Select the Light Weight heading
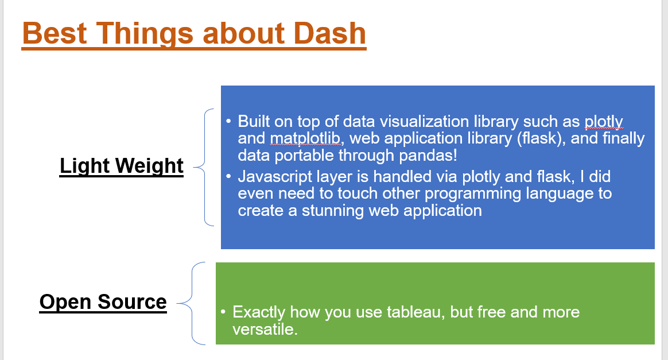coord(122,165)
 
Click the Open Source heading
coord(103,301)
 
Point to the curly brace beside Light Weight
coord(201,167)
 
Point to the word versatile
coord(265,330)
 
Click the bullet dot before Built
coord(228,122)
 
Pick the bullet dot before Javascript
coord(228,177)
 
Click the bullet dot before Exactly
coord(223,312)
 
